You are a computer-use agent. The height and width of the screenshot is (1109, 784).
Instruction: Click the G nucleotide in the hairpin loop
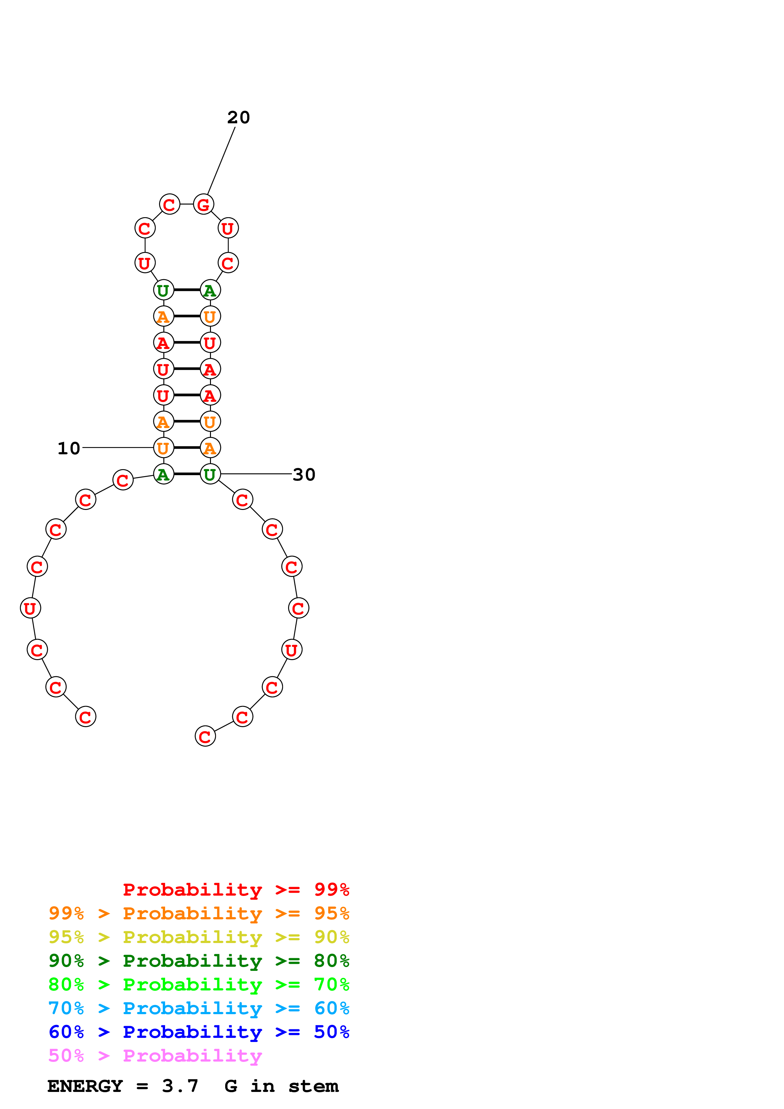[203, 204]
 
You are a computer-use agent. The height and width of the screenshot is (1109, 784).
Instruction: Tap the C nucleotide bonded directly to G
[170, 204]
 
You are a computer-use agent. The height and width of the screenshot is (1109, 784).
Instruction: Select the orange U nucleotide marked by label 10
[163, 448]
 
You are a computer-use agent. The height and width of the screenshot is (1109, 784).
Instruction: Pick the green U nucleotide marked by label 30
[210, 474]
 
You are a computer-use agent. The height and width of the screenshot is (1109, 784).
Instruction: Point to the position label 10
[69, 448]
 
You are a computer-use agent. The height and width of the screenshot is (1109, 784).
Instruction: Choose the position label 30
[304, 474]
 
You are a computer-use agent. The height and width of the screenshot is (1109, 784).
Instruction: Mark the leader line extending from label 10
[118, 448]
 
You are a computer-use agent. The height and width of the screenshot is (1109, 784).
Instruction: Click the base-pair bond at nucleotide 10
[187, 448]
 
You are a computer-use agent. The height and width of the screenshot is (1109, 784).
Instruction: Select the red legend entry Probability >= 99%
[236, 890]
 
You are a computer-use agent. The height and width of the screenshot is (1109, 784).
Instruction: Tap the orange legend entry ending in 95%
[199, 913]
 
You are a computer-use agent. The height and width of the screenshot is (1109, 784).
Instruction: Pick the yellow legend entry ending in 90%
[199, 937]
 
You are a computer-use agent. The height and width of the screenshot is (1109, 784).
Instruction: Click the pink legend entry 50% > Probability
[155, 1055]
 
